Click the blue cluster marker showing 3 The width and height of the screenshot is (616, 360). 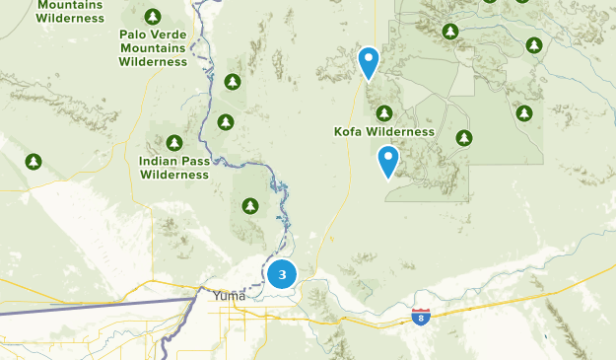point(283,273)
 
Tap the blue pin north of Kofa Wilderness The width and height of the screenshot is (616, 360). point(369,62)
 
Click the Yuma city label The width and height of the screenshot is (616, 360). point(229,294)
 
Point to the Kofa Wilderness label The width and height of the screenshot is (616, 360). point(384,131)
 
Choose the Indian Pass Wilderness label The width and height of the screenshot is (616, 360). point(174,168)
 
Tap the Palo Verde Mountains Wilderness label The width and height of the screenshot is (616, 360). point(153,47)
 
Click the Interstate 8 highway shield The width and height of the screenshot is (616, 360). point(421,317)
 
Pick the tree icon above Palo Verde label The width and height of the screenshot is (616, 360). point(153,17)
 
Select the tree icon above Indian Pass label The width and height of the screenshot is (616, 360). point(174,143)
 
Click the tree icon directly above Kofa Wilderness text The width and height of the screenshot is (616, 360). point(384,112)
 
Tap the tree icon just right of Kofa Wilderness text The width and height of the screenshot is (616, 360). point(464,138)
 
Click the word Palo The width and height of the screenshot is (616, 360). point(134,34)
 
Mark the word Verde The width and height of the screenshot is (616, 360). point(170,34)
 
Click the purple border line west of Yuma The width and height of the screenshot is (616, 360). point(99,301)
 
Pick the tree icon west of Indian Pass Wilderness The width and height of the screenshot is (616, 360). point(34,161)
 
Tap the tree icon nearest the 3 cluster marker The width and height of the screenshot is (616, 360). point(250,205)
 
